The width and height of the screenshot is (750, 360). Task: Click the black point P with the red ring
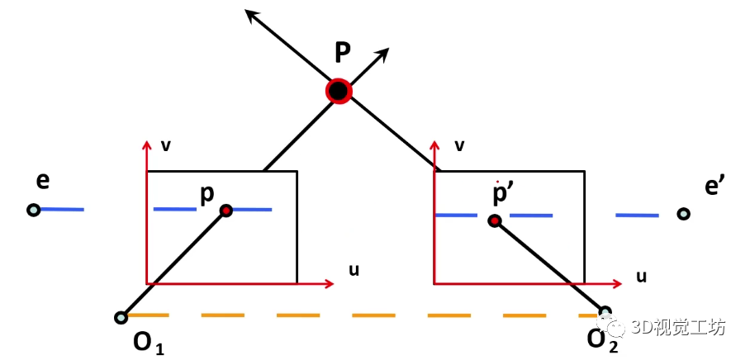339,91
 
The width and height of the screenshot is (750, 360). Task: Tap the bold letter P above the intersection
343,53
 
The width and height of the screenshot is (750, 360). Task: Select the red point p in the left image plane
226,211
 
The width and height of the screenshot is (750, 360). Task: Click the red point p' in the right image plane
495,220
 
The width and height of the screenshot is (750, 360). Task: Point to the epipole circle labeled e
33,210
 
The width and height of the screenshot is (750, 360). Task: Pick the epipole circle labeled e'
684,213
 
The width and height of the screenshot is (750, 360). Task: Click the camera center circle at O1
121,317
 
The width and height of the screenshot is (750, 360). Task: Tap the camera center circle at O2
605,312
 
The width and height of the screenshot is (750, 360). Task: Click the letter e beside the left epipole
43,182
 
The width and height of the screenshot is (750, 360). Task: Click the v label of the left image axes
165,146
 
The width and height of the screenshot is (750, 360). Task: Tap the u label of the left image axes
354,270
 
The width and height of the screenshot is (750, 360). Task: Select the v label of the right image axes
459,146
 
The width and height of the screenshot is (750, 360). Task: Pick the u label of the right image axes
641,276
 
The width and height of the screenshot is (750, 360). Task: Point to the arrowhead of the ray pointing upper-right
382,54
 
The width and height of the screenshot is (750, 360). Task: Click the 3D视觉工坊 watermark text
679,328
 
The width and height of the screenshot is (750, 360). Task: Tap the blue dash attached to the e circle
62,210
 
